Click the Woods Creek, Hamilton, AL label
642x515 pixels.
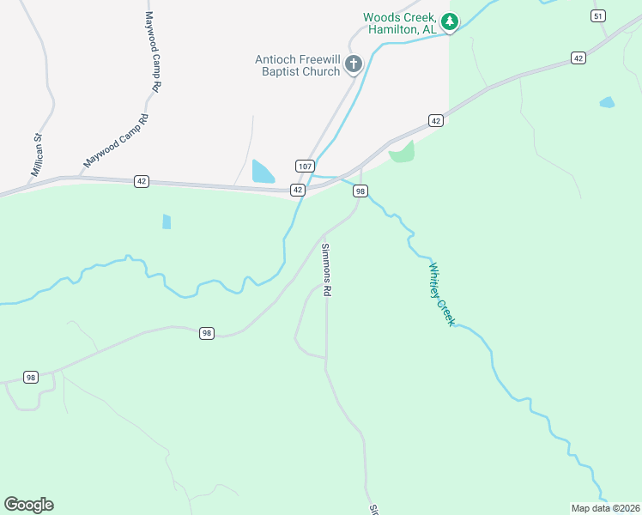coord(401,23)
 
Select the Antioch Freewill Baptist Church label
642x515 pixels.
coord(298,65)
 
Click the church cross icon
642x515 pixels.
coord(354,64)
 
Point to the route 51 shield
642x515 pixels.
coord(598,15)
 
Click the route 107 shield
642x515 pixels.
coord(306,166)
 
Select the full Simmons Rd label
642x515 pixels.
coord(326,270)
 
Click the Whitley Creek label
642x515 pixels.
coord(440,294)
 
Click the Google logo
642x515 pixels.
coord(28,504)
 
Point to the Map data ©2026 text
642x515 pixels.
coord(606,508)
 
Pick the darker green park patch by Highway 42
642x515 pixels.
coord(402,153)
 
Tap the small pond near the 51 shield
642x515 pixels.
coord(607,102)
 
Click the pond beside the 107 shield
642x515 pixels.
coord(262,172)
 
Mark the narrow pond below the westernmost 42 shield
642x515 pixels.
coord(167,221)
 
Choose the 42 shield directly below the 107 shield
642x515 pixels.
coord(297,189)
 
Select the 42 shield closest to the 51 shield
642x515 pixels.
coord(579,58)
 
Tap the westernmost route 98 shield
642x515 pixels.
coord(31,377)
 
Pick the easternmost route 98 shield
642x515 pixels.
coord(360,191)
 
